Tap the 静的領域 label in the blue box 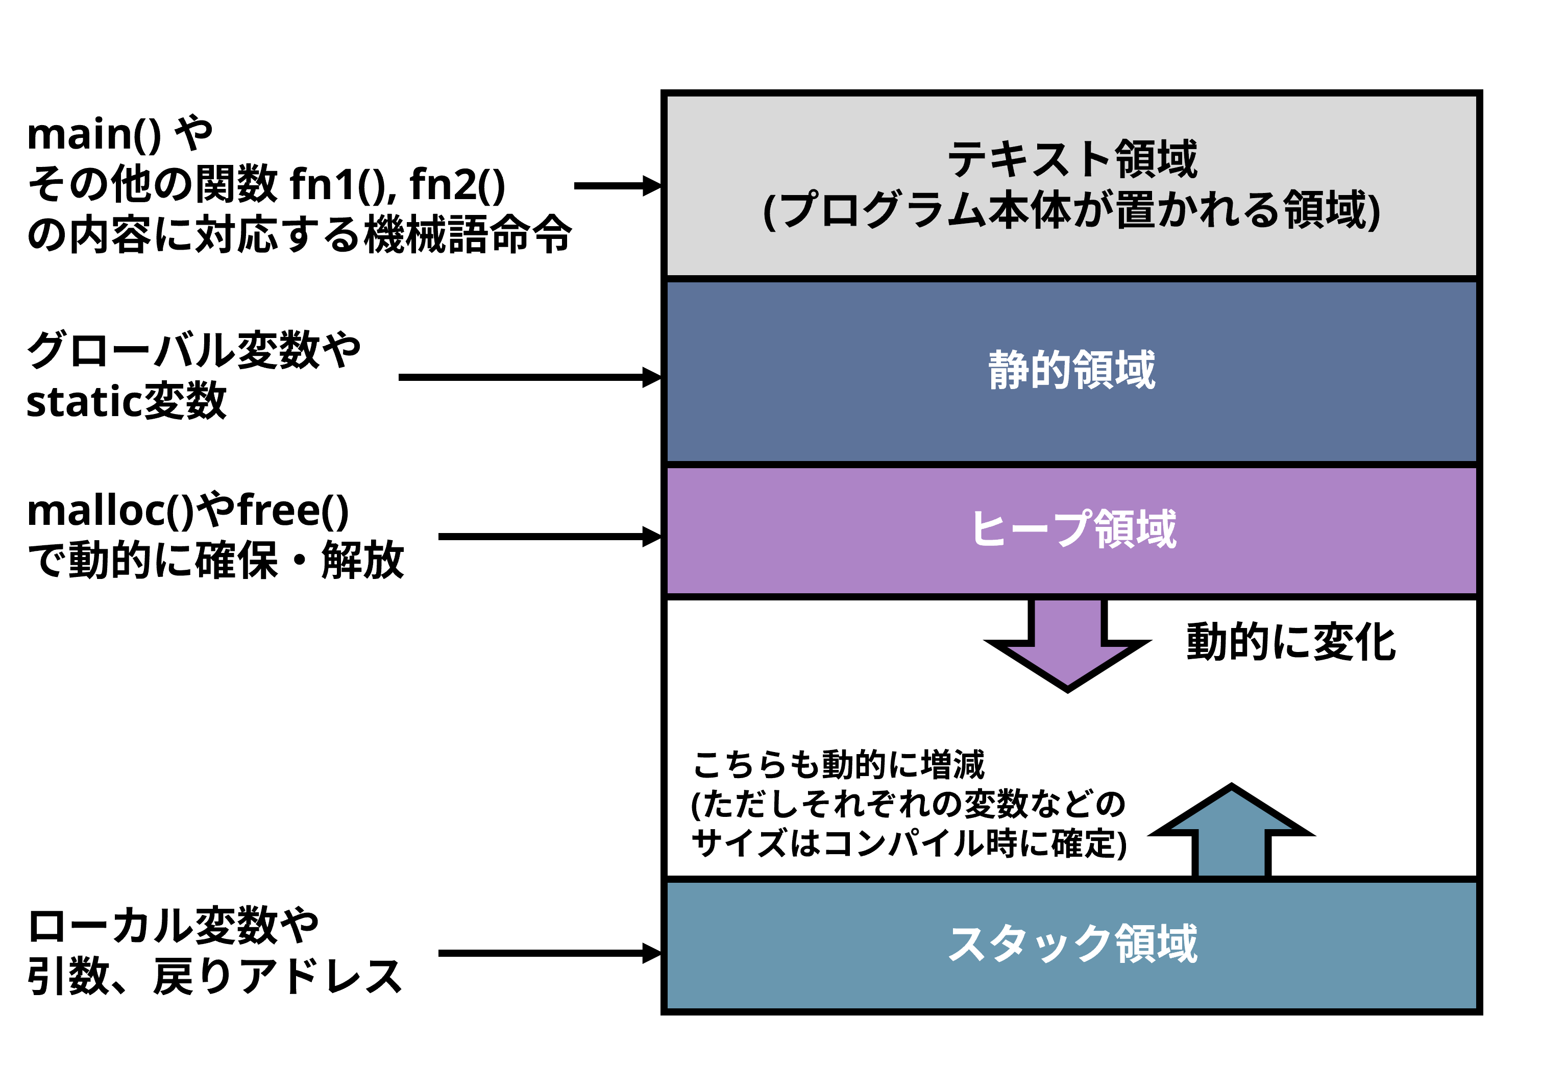coord(1071,370)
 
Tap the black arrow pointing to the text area coord(617,185)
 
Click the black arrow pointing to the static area coord(529,377)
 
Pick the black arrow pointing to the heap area coord(549,537)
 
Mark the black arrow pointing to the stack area coord(549,953)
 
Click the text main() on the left coord(94,134)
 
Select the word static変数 coord(126,401)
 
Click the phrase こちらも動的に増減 coord(838,764)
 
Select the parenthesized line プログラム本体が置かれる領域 coord(1071,210)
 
